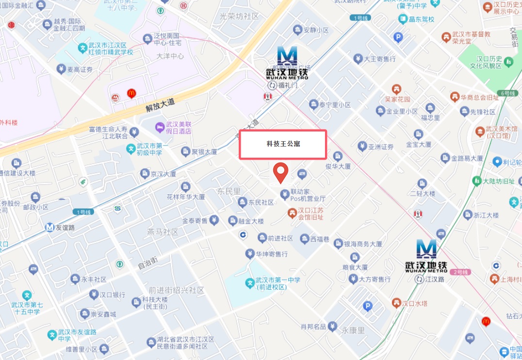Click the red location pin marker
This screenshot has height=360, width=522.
pyautogui.click(x=280, y=173)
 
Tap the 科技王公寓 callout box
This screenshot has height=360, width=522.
pyautogui.click(x=282, y=144)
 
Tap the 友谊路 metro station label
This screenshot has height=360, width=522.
pyautogui.click(x=64, y=227)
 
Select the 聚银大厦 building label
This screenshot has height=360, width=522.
pyautogui.click(x=204, y=152)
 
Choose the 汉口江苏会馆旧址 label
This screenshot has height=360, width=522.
pyautogui.click(x=310, y=213)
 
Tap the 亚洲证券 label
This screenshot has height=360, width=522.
pyautogui.click(x=380, y=147)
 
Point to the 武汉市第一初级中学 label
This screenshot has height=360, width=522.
pyautogui.click(x=148, y=148)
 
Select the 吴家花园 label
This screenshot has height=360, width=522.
pyautogui.click(x=397, y=98)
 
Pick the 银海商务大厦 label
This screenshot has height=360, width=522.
pyautogui.click(x=363, y=244)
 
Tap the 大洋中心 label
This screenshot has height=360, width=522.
pyautogui.click(x=170, y=56)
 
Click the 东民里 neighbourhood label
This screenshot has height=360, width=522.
pyautogui.click(x=229, y=191)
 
